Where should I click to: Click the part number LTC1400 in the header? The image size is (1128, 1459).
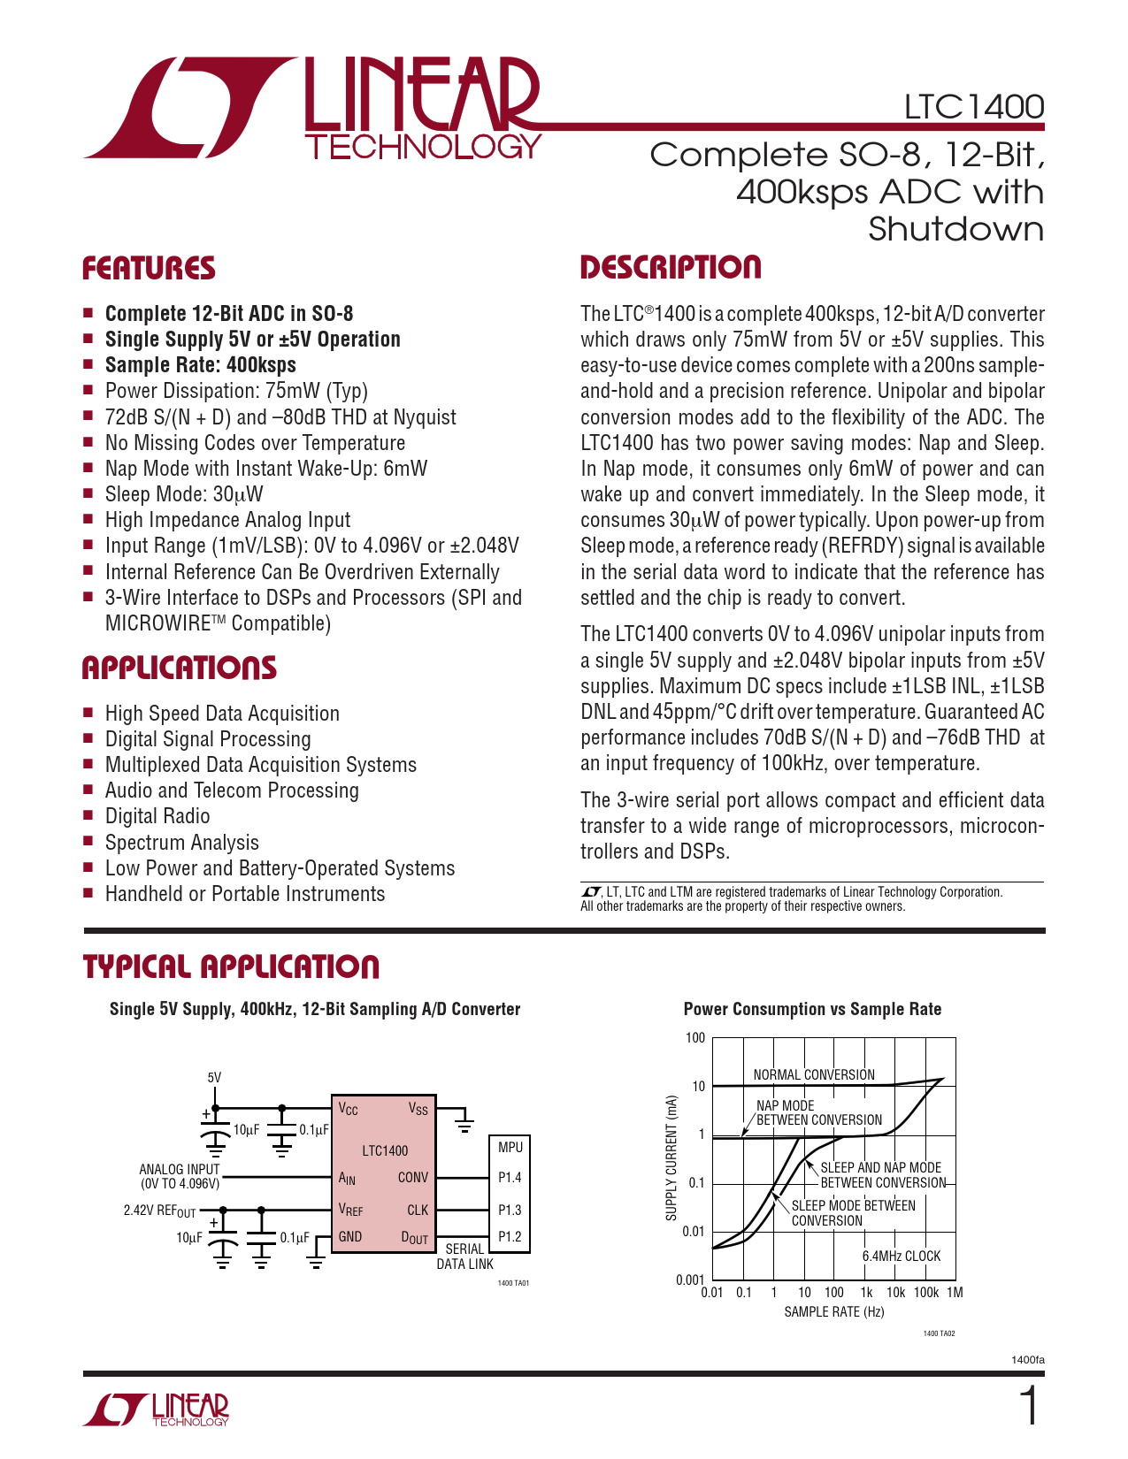[973, 107]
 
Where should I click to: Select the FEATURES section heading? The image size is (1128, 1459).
[149, 269]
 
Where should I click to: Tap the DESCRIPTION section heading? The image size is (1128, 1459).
[671, 268]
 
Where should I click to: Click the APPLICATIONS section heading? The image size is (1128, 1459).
[180, 668]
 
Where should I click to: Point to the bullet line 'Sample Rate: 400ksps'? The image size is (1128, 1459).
[200, 365]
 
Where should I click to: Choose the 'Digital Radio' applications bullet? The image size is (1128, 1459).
[157, 816]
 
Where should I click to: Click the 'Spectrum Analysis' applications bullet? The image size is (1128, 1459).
[181, 843]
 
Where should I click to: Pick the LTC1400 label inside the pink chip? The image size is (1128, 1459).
[385, 1150]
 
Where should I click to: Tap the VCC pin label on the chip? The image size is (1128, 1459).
[348, 1109]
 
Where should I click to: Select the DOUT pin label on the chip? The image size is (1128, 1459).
[414, 1238]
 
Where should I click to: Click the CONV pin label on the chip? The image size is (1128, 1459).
[412, 1178]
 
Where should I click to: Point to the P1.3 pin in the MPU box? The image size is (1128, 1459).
[510, 1211]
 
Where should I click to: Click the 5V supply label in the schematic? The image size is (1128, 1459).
[214, 1078]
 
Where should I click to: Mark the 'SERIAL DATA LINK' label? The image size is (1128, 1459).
[464, 1257]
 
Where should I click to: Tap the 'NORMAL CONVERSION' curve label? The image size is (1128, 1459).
[813, 1075]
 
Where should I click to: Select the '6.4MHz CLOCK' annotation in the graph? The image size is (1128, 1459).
[901, 1256]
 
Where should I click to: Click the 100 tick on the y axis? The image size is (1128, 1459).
[695, 1038]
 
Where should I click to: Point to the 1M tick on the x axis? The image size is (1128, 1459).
[955, 1293]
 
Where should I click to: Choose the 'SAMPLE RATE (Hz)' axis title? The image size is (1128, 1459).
[833, 1312]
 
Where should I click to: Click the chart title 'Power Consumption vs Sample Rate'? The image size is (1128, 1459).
[812, 1010]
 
